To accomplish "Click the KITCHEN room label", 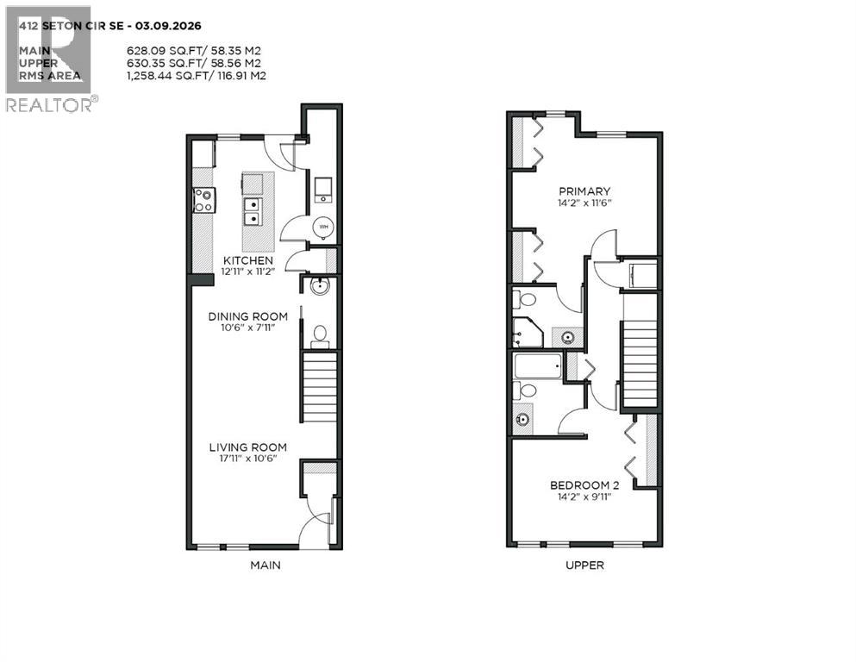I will coord(248,260).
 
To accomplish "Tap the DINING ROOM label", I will coord(248,316).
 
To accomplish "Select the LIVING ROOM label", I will coord(248,447).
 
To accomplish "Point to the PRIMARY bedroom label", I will coord(584,191).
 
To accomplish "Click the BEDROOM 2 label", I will coord(584,485).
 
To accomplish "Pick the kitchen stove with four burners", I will coord(203,201).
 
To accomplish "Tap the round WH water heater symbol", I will coord(323,227).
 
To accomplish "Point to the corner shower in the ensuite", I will coord(526,332).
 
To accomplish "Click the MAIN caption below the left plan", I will coord(265,565).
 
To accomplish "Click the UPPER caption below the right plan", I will coord(584,565).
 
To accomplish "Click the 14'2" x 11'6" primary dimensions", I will coord(584,204).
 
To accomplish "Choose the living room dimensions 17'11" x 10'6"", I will coord(248,459).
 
